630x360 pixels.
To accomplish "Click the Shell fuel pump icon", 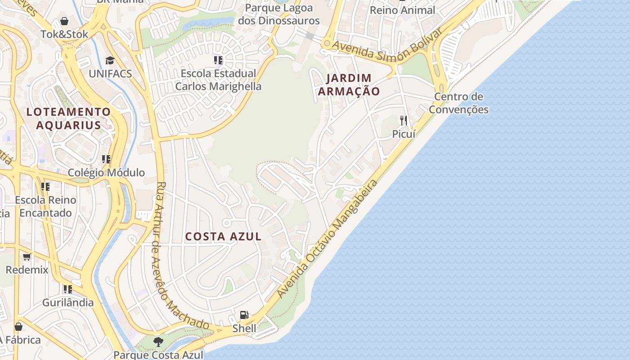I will [244, 315].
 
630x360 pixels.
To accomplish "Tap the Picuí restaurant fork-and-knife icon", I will [404, 120].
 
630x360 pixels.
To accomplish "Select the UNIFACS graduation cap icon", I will [110, 60].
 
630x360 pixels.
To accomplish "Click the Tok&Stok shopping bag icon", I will [64, 21].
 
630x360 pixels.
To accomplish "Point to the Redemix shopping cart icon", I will [27, 256].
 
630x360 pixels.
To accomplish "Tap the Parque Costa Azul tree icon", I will [158, 342].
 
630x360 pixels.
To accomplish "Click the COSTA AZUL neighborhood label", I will [223, 236].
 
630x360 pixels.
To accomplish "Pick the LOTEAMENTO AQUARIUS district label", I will [68, 118].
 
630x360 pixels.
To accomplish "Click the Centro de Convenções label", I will [459, 103].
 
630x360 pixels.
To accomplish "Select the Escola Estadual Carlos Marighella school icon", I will [218, 60].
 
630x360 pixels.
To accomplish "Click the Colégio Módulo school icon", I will [106, 159].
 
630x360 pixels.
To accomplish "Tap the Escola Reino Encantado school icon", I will [45, 186].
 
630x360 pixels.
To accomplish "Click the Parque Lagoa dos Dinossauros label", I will [279, 14].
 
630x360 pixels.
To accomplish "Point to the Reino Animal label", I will [402, 10].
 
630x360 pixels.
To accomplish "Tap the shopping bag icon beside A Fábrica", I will [18, 327].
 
